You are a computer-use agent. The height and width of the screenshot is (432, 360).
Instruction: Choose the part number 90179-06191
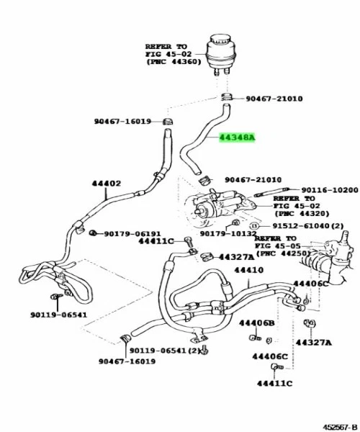click(132, 233)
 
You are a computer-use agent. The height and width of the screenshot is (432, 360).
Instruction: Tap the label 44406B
click(257, 323)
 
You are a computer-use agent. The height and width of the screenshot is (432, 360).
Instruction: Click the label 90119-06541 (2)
click(163, 349)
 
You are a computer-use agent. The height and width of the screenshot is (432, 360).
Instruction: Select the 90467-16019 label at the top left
click(122, 121)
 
